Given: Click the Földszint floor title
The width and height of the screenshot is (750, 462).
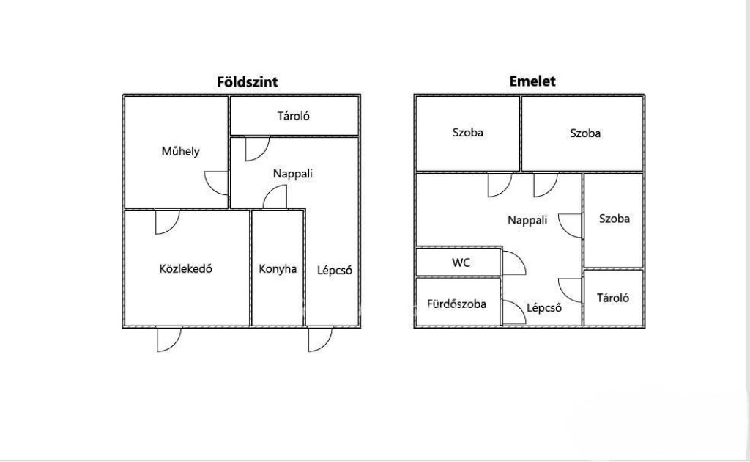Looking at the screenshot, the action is point(248,81).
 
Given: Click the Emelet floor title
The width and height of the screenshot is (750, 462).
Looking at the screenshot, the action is point(532,81).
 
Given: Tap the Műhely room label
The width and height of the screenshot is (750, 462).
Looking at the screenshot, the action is point(180,151).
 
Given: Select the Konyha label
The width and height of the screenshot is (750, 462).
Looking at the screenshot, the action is point(278,268).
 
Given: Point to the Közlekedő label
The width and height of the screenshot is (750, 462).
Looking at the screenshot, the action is point(185,268).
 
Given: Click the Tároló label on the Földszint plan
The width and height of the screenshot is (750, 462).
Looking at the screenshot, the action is point(293,116).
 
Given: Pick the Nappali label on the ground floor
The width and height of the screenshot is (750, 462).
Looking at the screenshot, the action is point(293,174).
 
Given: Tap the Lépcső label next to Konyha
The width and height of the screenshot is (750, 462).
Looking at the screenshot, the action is point(335,270).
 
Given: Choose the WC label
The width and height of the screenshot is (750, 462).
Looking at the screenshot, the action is point(461,263).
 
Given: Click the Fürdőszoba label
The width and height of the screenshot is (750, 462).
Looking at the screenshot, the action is point(457,304).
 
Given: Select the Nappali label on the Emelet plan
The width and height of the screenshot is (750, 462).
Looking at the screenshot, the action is point(527,220).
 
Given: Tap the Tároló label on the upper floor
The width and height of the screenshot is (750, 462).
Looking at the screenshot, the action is point(613,298).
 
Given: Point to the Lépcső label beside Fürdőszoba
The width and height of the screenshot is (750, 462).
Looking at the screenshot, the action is point(544,308).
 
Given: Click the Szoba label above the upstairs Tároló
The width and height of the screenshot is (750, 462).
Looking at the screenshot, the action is point(615,219).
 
